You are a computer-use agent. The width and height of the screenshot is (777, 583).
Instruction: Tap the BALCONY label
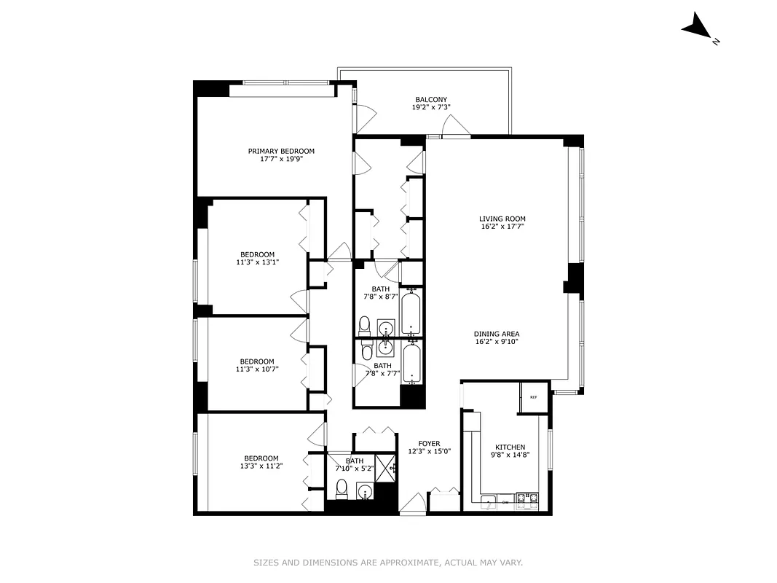pos(431,100)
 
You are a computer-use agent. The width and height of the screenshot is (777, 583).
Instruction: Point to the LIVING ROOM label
pos(502,219)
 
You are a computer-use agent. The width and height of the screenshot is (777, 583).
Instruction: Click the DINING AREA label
pos(497,334)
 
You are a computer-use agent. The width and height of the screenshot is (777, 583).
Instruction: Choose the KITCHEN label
pos(510,447)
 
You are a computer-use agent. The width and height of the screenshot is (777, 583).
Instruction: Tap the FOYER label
pos(429,443)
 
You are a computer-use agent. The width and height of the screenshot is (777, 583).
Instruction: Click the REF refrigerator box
pos(533,397)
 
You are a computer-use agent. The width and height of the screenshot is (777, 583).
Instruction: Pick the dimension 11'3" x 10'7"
pos(257,369)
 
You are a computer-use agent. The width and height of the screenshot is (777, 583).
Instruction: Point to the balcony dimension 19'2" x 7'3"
pos(431,108)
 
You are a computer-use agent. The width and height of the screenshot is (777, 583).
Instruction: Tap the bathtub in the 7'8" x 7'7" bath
pos(411,363)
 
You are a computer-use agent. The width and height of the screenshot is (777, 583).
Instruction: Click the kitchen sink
pos(488,500)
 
